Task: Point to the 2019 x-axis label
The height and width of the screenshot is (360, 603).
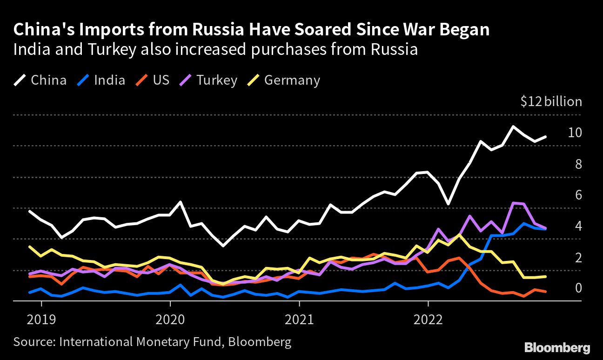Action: [x=42, y=320]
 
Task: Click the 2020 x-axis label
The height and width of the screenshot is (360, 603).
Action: [x=170, y=320]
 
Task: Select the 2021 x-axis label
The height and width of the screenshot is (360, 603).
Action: [x=299, y=320]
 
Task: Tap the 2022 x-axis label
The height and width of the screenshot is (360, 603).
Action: [x=428, y=320]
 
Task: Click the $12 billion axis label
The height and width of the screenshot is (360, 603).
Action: [x=551, y=102]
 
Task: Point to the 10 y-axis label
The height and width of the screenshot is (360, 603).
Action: [x=575, y=133]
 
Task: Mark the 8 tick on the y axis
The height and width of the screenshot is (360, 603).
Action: [x=578, y=164]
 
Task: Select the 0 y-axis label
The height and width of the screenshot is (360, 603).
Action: [x=578, y=288]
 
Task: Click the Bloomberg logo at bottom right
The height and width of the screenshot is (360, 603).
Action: [x=557, y=347]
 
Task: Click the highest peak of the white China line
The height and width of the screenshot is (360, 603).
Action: [x=513, y=127]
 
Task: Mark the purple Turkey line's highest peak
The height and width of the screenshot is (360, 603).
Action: [x=513, y=203]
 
